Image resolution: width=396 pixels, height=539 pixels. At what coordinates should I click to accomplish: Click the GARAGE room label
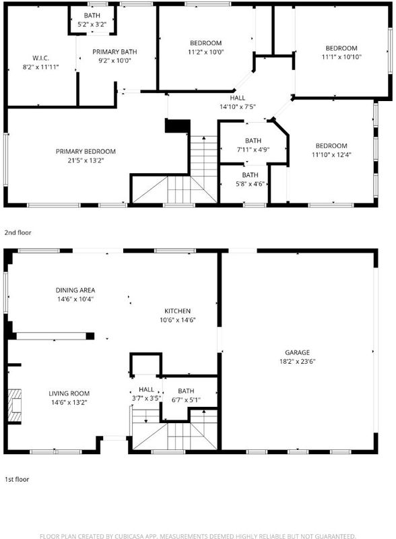298,352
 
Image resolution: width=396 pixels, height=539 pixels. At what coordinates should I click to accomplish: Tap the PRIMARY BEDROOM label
86,151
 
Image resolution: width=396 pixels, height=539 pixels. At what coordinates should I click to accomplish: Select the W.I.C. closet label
40,58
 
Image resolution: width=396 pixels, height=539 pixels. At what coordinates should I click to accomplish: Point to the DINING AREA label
75,290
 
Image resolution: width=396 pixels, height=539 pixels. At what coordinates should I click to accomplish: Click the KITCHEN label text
177,311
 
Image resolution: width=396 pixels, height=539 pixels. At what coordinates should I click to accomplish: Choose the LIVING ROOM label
69,393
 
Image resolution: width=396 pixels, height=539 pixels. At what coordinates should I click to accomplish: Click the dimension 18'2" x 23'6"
298,361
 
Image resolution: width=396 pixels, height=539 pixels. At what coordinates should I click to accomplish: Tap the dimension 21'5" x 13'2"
86,160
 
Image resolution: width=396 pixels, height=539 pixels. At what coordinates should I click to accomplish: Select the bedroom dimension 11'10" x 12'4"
331,155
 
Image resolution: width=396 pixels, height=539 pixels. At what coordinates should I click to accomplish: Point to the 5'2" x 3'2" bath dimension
92,24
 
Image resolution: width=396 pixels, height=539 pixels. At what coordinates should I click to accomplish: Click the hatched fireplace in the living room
15,406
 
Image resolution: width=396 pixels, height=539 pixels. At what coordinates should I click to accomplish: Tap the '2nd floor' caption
18,232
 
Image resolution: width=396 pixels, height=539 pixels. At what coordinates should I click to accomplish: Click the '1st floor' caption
16,479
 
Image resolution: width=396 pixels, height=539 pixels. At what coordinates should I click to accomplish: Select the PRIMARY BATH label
114,52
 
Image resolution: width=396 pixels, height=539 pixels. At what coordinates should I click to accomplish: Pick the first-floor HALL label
146,389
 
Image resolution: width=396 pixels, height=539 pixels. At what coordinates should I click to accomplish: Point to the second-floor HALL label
238,98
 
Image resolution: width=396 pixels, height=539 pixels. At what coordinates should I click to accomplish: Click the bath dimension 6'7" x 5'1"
186,400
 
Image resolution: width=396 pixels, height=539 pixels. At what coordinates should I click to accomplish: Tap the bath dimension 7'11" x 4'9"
253,150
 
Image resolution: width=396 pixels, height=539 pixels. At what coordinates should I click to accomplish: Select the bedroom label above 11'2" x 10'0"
205,43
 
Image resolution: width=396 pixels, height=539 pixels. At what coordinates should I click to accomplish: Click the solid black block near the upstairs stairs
177,126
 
